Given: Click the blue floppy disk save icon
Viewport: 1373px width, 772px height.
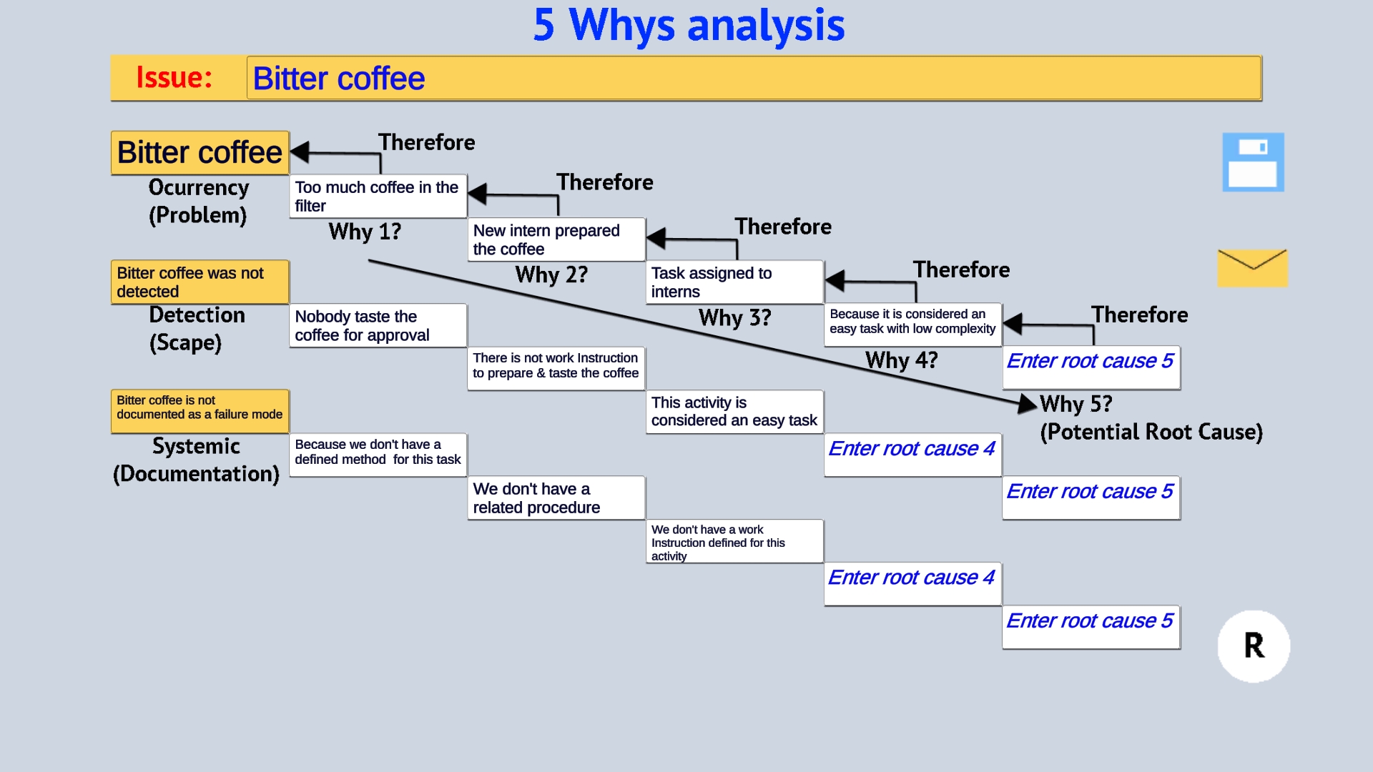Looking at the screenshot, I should pyautogui.click(x=1253, y=162).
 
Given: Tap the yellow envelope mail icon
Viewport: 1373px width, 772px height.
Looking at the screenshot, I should pyautogui.click(x=1252, y=268).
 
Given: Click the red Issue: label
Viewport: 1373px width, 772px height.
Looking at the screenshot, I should pyautogui.click(x=174, y=77).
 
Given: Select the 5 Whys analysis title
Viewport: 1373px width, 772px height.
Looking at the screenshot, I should pyautogui.click(x=689, y=26).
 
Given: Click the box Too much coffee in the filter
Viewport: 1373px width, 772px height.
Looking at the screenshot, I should pyautogui.click(x=378, y=197).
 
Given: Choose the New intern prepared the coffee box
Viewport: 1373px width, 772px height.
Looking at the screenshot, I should pyautogui.click(x=556, y=239).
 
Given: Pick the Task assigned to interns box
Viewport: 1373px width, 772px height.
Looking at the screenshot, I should pyautogui.click(x=734, y=282).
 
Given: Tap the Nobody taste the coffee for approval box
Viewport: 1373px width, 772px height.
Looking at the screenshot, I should pyautogui.click(x=378, y=326).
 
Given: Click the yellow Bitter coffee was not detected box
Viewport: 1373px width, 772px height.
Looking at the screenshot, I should pyautogui.click(x=200, y=282).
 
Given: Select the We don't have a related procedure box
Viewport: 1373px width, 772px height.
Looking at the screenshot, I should pyautogui.click(x=556, y=498).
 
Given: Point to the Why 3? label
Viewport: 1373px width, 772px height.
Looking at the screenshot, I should pyautogui.click(x=734, y=318).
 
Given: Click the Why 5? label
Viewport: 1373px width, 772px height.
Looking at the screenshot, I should pyautogui.click(x=1076, y=405).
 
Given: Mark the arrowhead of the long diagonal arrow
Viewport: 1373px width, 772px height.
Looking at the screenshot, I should pyautogui.click(x=1028, y=404).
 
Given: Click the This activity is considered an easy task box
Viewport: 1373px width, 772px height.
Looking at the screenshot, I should pyautogui.click(x=734, y=412).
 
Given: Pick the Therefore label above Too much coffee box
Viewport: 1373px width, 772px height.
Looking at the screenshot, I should pyautogui.click(x=426, y=143).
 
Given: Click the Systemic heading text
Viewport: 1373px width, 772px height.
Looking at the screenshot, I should pyautogui.click(x=196, y=447).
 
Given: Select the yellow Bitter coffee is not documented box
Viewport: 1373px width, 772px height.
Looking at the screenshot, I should pyautogui.click(x=200, y=407).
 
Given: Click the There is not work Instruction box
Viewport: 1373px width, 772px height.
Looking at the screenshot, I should pyautogui.click(x=556, y=366).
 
